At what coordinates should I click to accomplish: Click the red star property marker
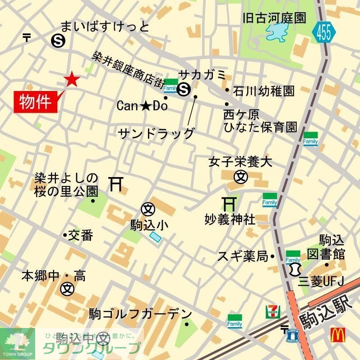(x=72, y=80)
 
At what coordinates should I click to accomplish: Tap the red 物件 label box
(x=38, y=101)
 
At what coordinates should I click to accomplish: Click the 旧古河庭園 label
(x=274, y=18)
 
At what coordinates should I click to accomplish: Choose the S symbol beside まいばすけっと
(x=58, y=41)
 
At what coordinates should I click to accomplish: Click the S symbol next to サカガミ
(x=184, y=90)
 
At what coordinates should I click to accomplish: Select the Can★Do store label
(x=142, y=106)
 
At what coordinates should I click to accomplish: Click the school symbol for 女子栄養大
(x=241, y=177)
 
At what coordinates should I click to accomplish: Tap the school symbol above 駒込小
(x=148, y=209)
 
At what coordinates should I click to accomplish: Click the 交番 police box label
(x=81, y=235)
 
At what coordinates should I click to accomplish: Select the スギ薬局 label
(x=243, y=257)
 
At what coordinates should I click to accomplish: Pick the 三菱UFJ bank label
(x=321, y=281)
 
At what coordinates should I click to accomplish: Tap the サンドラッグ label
(x=156, y=133)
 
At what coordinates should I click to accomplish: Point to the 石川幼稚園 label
(x=264, y=91)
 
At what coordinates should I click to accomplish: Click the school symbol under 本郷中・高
(x=68, y=287)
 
